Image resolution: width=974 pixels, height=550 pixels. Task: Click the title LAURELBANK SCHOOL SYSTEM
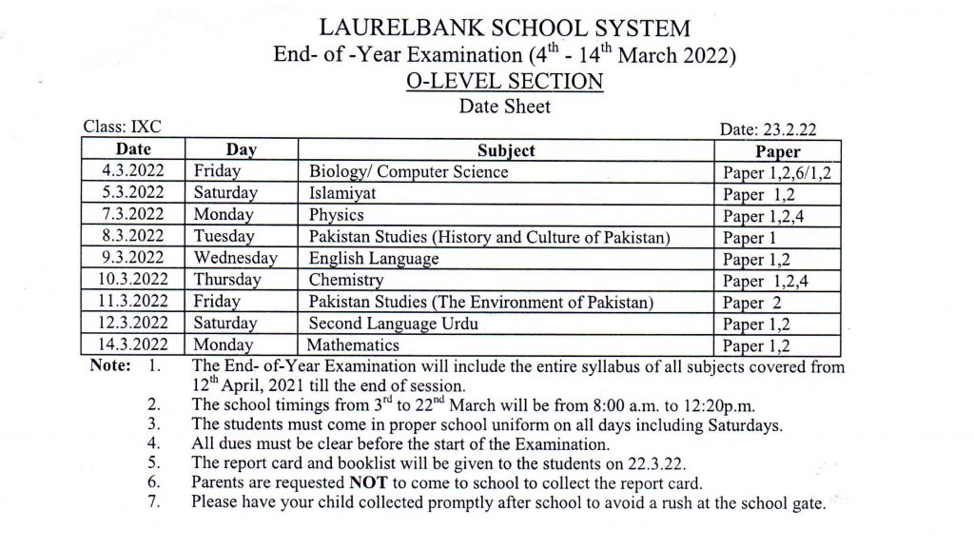pyautogui.click(x=505, y=28)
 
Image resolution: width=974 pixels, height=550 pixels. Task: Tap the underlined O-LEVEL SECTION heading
pyautogui.click(x=505, y=82)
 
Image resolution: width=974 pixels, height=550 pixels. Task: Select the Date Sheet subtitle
pyautogui.click(x=505, y=107)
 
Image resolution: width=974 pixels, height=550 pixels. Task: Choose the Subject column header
pyautogui.click(x=506, y=150)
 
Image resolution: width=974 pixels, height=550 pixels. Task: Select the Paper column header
pyautogui.click(x=777, y=151)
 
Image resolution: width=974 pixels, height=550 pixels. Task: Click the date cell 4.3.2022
pyautogui.click(x=134, y=172)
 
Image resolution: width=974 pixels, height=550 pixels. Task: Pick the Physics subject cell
pyautogui.click(x=337, y=215)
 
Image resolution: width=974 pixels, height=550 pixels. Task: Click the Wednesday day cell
pyautogui.click(x=236, y=258)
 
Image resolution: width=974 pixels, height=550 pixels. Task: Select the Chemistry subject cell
pyautogui.click(x=346, y=280)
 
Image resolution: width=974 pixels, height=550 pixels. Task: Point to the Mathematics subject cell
pyautogui.click(x=353, y=344)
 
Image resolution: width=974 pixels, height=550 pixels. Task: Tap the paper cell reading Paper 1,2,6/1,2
pyautogui.click(x=777, y=173)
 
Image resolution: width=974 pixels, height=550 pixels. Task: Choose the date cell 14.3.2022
pyautogui.click(x=134, y=344)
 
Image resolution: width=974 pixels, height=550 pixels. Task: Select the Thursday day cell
pyautogui.click(x=227, y=280)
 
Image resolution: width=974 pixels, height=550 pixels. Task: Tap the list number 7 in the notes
pyautogui.click(x=154, y=501)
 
